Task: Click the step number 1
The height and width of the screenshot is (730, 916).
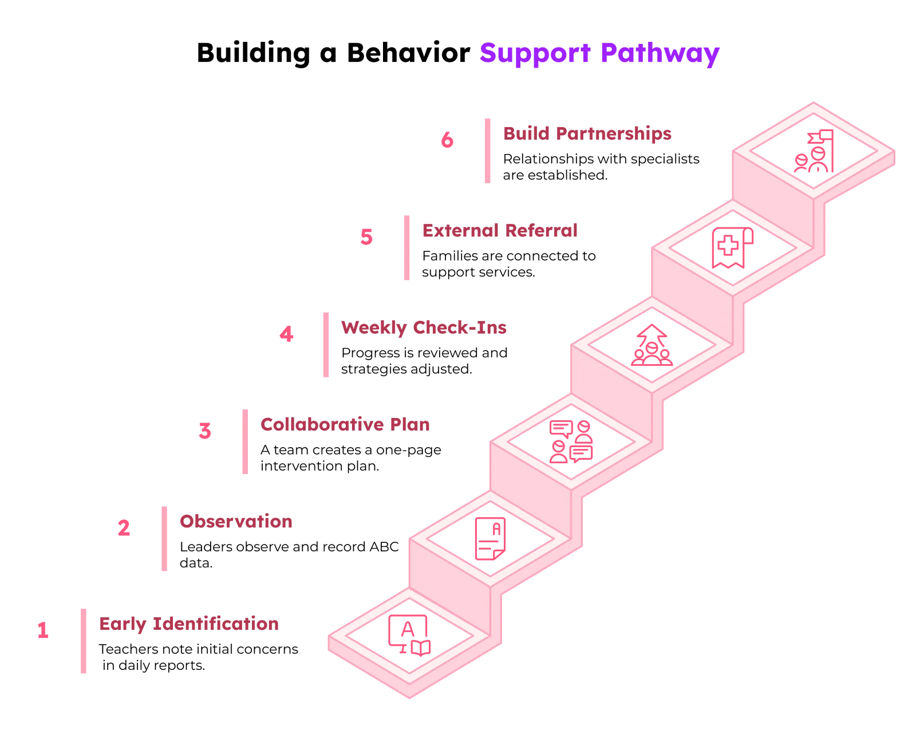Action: [43, 630]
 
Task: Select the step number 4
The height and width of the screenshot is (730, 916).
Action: [286, 334]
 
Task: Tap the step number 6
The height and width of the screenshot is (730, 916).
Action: [447, 140]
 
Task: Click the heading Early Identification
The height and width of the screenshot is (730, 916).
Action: [189, 624]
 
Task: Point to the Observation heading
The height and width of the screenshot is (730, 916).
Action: [236, 522]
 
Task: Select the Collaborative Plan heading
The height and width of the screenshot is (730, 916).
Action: [345, 424]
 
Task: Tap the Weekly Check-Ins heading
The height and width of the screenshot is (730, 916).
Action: [424, 327]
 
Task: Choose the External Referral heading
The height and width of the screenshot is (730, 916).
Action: [500, 230]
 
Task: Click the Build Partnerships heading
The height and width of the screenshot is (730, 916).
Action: [587, 133]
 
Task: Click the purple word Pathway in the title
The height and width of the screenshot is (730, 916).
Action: [660, 54]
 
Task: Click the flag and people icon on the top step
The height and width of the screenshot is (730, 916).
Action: [814, 151]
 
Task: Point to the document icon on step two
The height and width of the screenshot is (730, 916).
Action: [490, 538]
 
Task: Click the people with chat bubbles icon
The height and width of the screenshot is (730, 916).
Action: [571, 442]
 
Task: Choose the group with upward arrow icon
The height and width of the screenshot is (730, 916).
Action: [652, 345]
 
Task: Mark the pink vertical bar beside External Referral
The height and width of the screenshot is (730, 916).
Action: [407, 248]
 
